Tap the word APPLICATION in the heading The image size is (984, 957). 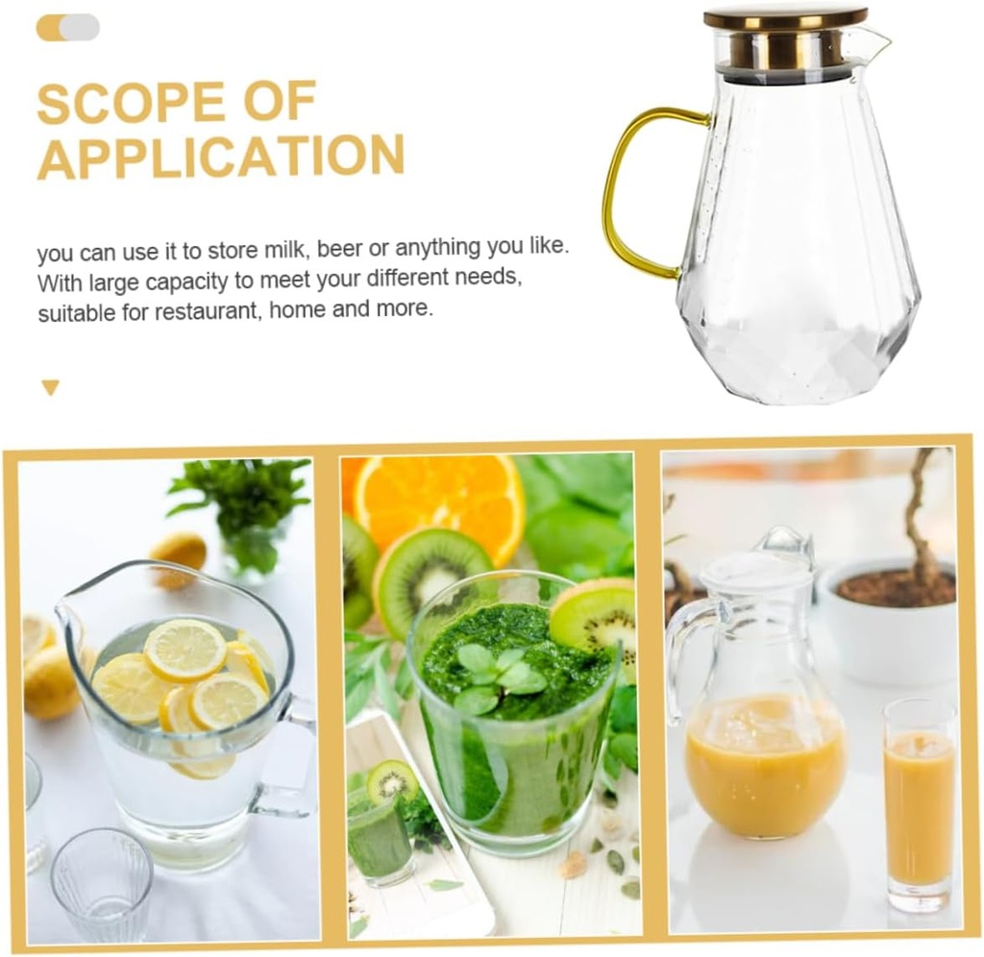pyautogui.click(x=220, y=157)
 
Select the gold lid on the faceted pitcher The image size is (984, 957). pyautogui.click(x=784, y=17)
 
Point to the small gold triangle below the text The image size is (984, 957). pyautogui.click(x=50, y=387)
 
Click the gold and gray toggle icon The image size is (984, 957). pyautogui.click(x=67, y=27)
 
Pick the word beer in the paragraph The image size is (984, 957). pyautogui.click(x=339, y=250)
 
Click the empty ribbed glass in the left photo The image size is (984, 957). pyautogui.click(x=101, y=883)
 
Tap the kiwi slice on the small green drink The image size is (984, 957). pyautogui.click(x=392, y=780)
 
